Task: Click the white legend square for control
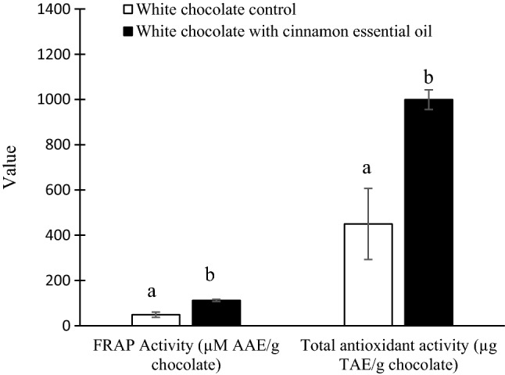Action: [x=129, y=10]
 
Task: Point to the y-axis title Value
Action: [x=11, y=167]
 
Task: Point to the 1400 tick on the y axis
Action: [x=66, y=10]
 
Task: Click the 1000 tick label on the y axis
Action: [x=66, y=100]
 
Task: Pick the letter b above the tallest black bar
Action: [x=428, y=77]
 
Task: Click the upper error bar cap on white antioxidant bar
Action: [x=368, y=188]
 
